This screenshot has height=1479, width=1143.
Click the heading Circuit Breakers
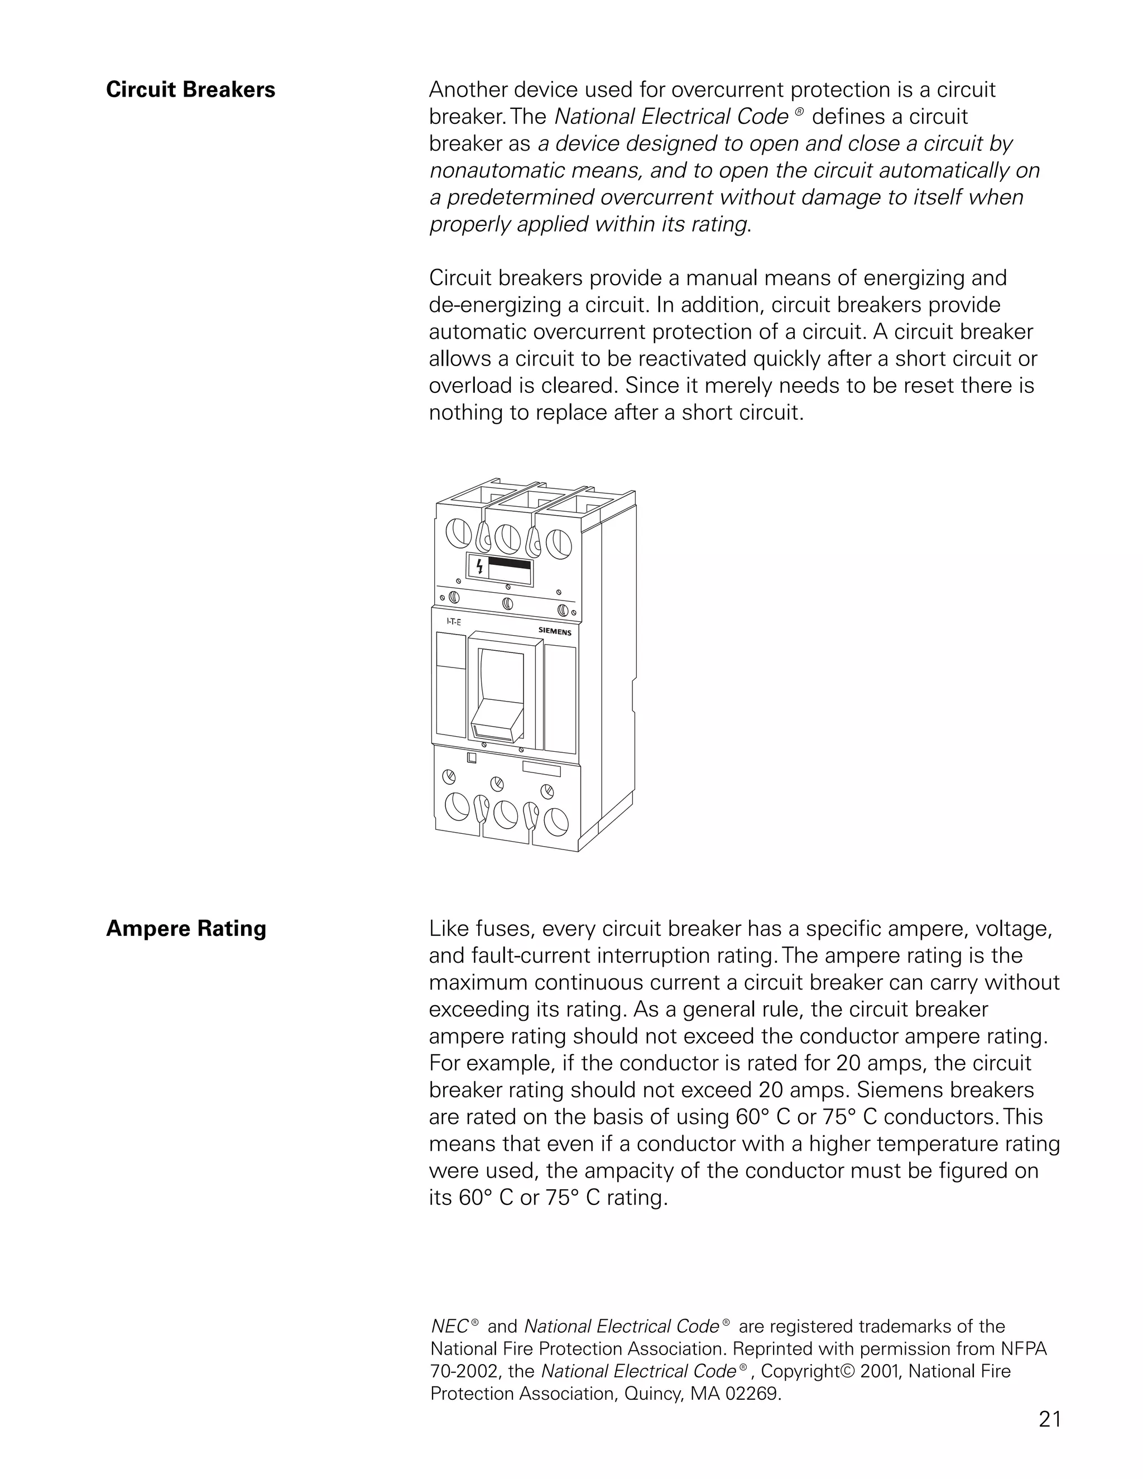coord(190,90)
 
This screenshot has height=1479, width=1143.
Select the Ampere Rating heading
coord(186,929)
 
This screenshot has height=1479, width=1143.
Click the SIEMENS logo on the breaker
coord(555,631)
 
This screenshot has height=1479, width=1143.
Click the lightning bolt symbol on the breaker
coord(479,566)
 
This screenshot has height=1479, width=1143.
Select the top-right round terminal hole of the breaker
coord(558,544)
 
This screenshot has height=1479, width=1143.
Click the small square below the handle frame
coord(472,758)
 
